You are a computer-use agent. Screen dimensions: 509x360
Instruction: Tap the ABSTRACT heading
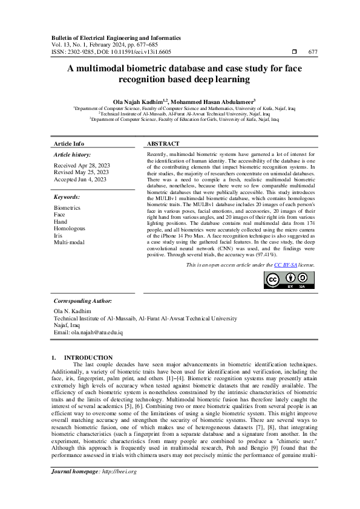click(163, 144)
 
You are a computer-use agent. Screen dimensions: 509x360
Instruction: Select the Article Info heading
click(69, 144)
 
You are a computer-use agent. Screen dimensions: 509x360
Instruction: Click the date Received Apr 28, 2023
click(82, 165)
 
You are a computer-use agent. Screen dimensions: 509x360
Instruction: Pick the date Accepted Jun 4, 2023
click(80, 180)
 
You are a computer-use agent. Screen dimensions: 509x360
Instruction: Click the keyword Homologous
click(70, 229)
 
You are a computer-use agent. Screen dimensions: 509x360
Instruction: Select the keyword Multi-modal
click(69, 242)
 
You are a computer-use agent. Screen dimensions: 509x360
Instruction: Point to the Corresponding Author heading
click(83, 300)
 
